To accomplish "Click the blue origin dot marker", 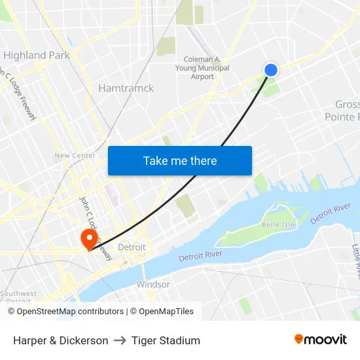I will (271, 70).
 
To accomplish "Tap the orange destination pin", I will (88, 237).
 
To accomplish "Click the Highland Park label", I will (37, 56).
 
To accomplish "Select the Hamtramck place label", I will (126, 88).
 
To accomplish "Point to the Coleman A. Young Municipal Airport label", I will (206, 68).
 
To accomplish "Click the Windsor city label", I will (153, 285).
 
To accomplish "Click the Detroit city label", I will (132, 247).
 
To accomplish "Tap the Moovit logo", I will (321, 340).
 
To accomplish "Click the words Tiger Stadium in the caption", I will (166, 340).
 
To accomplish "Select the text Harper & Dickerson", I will (61, 340).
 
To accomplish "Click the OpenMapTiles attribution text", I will (167, 312).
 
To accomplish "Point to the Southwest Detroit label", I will (18, 297).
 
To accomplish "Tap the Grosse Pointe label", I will (346, 111).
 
